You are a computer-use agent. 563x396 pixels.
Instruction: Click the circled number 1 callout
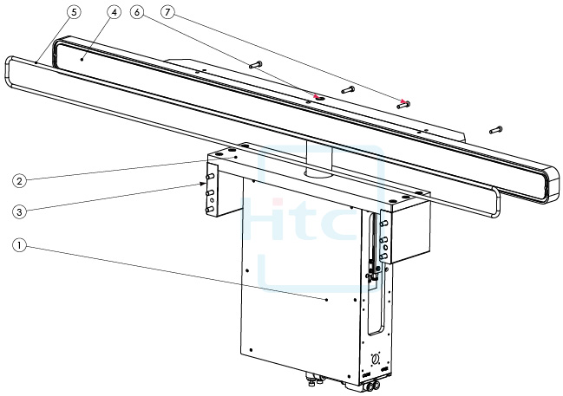pyautogui.click(x=19, y=245)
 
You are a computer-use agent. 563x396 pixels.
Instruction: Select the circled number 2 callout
pyautogui.click(x=19, y=181)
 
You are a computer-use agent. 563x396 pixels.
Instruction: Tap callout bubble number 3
pyautogui.click(x=19, y=211)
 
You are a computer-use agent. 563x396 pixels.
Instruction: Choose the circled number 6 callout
pyautogui.click(x=137, y=13)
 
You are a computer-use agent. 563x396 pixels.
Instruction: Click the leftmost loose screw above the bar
pyautogui.click(x=254, y=64)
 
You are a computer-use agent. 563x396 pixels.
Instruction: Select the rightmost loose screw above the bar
pyautogui.click(x=495, y=130)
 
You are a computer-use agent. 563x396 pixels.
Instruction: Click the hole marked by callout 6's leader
pyautogui.click(x=318, y=99)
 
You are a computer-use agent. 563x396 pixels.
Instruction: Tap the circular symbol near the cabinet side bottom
pyautogui.click(x=376, y=358)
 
